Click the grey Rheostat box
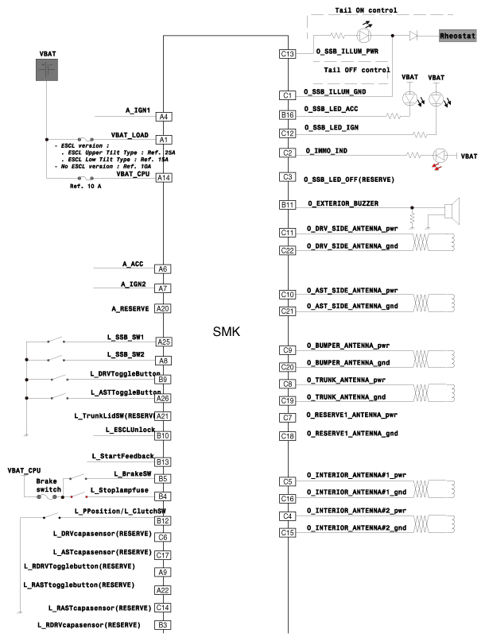click(x=458, y=37)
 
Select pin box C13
click(x=288, y=54)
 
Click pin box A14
click(x=163, y=178)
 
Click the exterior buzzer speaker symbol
click(x=451, y=211)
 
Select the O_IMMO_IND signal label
click(x=332, y=151)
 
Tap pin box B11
click(x=288, y=205)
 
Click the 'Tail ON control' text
click(x=367, y=10)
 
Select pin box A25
click(x=163, y=342)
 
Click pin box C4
click(x=288, y=516)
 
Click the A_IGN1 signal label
click(x=138, y=110)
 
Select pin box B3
click(x=163, y=625)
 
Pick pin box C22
click(x=288, y=249)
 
